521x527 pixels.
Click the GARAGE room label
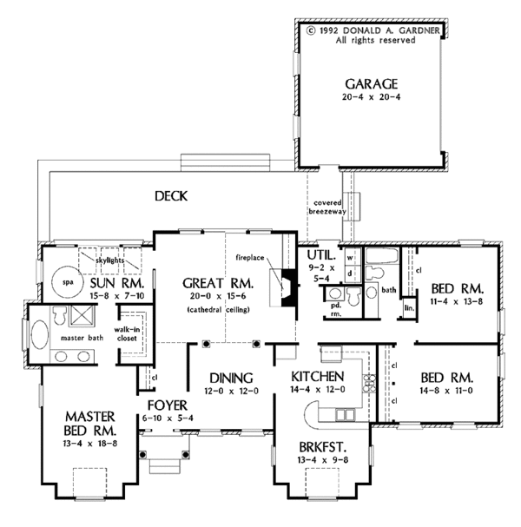[371, 83]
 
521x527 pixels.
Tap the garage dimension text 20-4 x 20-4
[371, 98]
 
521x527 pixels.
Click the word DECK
[172, 195]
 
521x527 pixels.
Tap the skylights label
[109, 260]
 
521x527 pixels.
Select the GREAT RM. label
[217, 284]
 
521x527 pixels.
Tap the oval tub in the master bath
[41, 334]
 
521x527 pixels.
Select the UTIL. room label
[320, 254]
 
